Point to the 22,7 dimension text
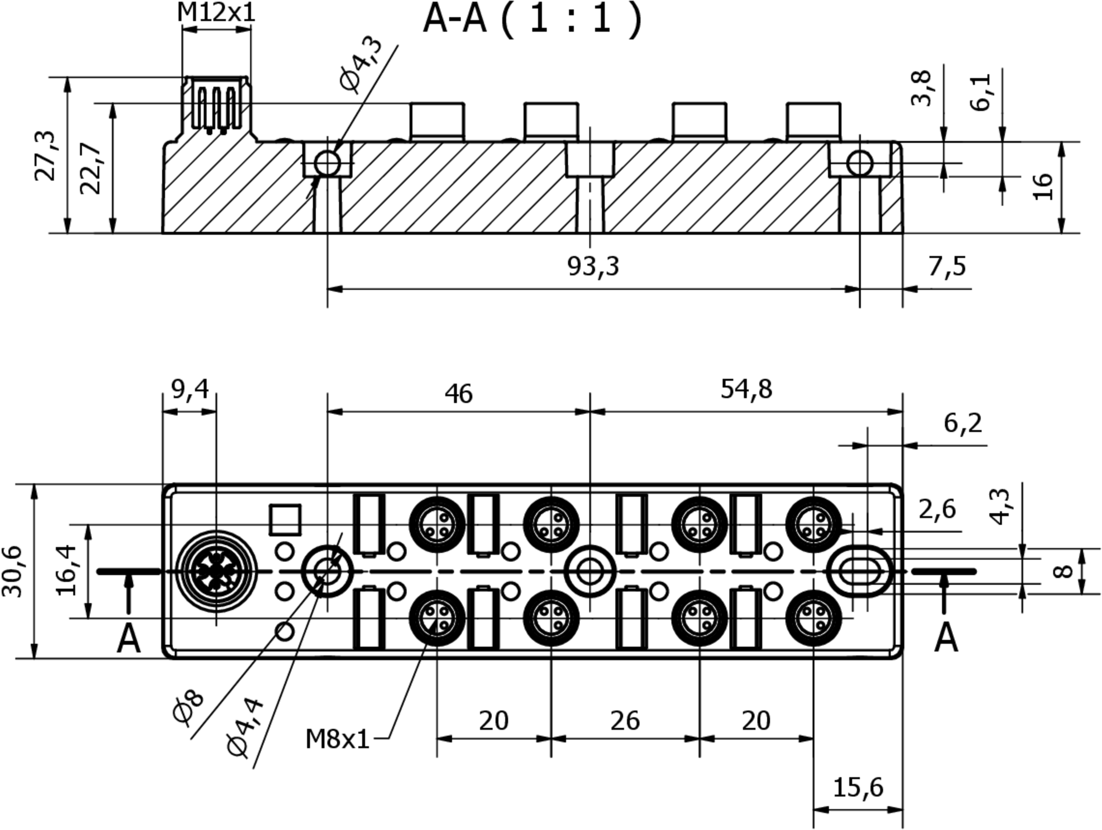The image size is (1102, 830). coord(91,168)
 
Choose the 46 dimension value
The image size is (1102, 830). coord(458,394)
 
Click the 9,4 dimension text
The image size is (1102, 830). coord(190,389)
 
